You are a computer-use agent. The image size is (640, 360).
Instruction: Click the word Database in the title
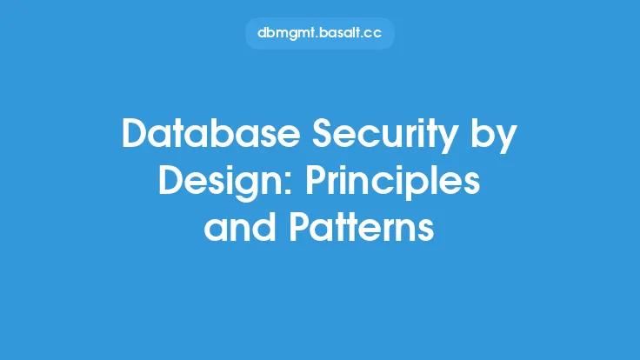click(211, 133)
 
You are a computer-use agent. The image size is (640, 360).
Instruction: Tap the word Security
click(385, 137)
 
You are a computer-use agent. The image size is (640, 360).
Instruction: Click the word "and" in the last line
click(240, 227)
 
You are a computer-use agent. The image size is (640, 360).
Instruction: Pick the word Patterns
click(362, 228)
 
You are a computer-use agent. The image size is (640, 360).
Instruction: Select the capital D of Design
click(172, 180)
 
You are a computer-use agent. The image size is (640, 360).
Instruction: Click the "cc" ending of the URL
click(374, 34)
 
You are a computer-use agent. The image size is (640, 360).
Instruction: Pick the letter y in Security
click(447, 142)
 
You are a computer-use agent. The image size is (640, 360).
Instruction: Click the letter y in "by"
click(506, 142)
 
